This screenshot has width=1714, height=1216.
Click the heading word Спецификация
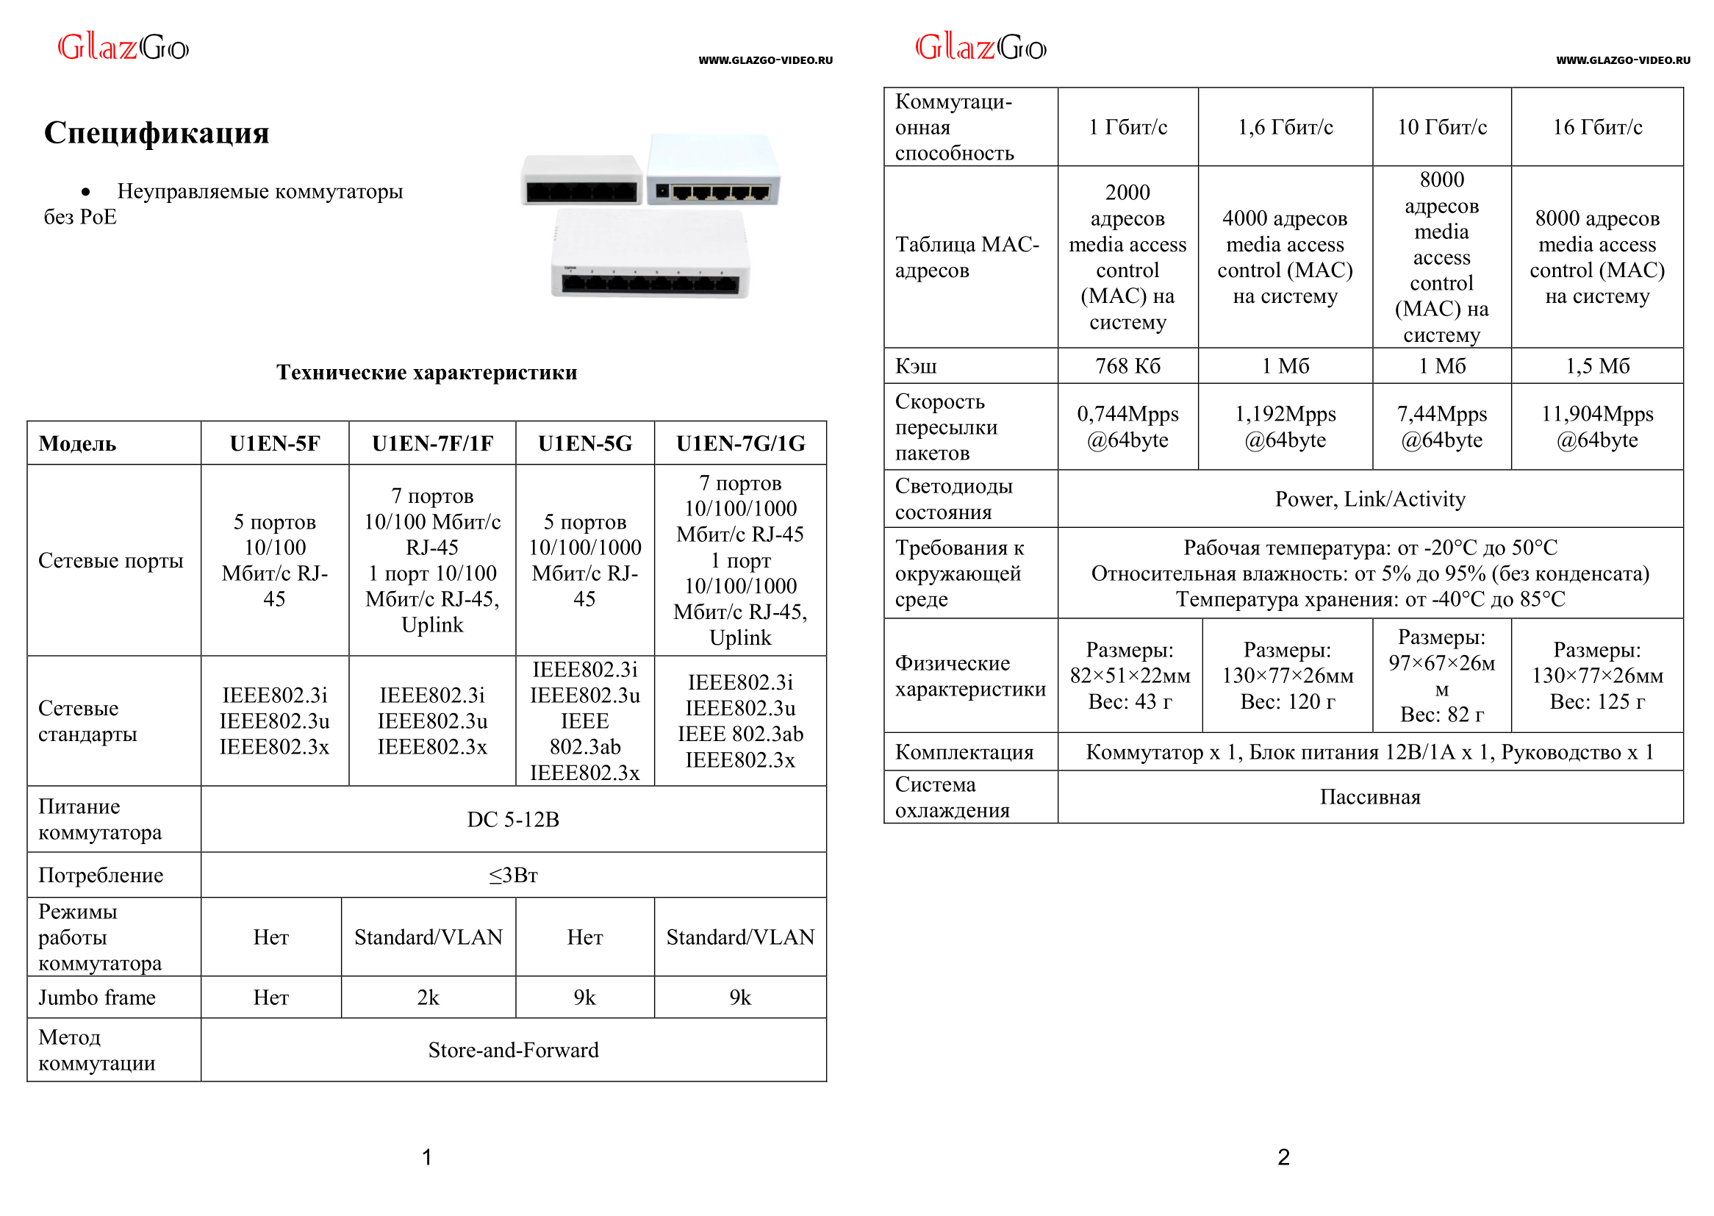157,132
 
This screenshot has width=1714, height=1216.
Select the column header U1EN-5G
584,443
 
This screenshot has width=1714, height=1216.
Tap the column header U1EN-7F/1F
432,443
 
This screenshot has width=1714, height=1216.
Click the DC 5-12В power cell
513,819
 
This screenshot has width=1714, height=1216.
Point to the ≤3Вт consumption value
513,875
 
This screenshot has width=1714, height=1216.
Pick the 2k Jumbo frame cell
427,998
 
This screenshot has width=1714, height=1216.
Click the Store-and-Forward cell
513,1050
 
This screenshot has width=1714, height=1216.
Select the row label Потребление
100,875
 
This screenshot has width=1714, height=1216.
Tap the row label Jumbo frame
96,998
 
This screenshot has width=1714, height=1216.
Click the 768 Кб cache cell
1127,366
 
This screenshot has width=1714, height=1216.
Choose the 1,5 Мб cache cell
1596,366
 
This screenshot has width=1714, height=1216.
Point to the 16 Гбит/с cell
1596,127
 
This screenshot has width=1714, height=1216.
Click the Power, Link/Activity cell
1370,499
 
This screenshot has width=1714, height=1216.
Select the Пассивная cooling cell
1370,797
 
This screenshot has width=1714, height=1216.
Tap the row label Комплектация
964,752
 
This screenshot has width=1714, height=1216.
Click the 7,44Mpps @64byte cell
1441,427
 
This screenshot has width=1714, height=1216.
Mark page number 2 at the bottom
1283,1158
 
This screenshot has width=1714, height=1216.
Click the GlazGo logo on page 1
123,48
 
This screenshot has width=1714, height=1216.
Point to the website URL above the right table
1623,60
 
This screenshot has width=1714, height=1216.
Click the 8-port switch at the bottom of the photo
650,255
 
